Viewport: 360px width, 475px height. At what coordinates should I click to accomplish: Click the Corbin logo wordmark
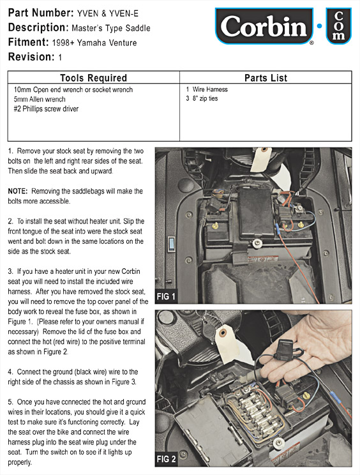(264, 26)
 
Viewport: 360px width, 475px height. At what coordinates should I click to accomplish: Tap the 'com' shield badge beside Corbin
(338, 26)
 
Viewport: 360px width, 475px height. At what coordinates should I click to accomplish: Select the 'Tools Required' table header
(93, 78)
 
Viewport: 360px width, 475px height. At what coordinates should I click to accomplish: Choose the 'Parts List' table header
(266, 78)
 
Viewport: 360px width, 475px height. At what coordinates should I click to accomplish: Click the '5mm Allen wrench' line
(40, 99)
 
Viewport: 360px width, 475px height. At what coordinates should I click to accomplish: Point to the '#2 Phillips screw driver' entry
(46, 109)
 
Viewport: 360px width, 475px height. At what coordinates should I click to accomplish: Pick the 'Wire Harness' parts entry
(210, 89)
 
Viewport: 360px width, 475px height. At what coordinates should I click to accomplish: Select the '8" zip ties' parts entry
(205, 98)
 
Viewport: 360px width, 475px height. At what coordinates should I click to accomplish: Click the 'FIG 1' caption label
(166, 297)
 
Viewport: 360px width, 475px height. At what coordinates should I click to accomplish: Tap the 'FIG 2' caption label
(166, 459)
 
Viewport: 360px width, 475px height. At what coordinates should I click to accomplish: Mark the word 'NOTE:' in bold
(18, 191)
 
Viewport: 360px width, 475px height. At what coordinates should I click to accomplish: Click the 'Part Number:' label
(41, 13)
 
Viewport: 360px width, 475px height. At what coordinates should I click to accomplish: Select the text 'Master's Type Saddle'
(111, 28)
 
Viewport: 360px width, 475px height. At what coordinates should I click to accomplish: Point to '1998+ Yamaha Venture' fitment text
(94, 43)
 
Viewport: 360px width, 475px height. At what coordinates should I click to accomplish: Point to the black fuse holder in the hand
(286, 350)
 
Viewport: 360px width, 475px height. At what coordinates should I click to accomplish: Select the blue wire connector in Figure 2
(335, 396)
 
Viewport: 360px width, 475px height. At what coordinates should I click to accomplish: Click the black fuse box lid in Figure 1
(255, 213)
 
